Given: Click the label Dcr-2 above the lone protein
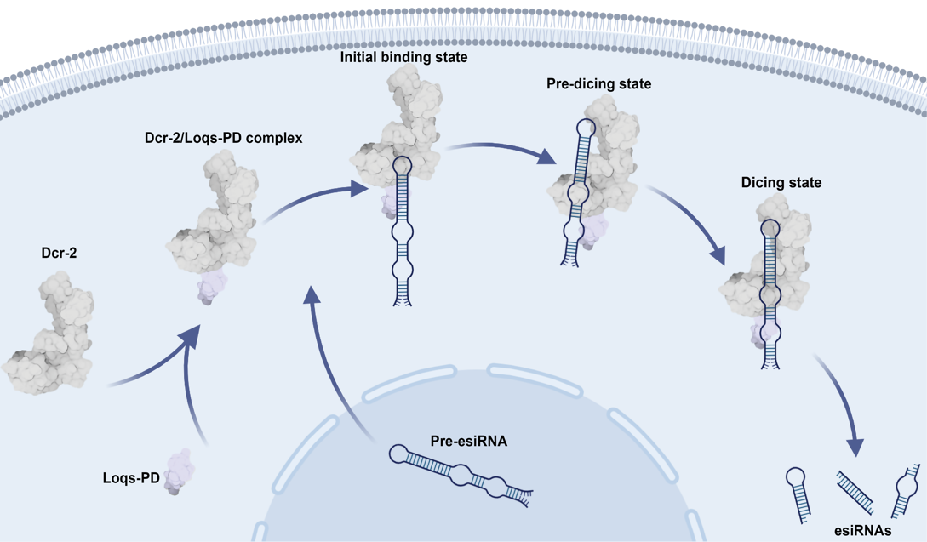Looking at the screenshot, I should [59, 253].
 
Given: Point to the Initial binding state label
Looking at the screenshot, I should [404, 58].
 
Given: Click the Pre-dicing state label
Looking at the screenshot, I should [599, 84].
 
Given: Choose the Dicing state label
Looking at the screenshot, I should [781, 182].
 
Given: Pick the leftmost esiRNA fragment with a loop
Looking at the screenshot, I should [798, 493].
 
